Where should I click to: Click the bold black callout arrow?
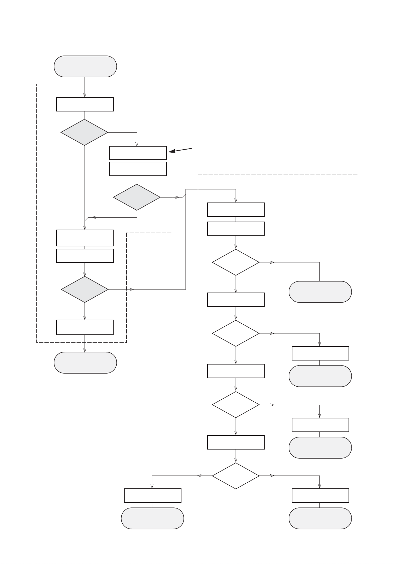click(180, 150)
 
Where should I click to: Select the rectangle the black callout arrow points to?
click(138, 153)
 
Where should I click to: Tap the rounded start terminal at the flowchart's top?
click(85, 66)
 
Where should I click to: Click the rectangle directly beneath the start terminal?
click(85, 104)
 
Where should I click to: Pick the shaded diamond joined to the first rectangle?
click(84, 133)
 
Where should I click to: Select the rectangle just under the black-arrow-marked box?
click(138, 169)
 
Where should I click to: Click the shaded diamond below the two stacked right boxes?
click(137, 197)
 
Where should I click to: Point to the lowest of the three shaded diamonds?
click(85, 289)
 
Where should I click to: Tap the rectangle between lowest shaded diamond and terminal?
click(85, 327)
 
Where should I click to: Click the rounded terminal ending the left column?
click(85, 362)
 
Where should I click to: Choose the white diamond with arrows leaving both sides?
click(236, 476)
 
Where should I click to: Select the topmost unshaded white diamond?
click(236, 262)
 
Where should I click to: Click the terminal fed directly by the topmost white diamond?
click(320, 292)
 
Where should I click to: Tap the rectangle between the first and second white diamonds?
click(236, 300)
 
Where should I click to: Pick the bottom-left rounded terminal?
click(152, 518)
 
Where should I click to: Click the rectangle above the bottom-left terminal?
click(152, 495)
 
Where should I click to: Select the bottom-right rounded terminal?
click(320, 518)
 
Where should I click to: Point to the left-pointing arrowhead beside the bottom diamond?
click(199, 476)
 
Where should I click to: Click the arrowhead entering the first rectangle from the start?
click(85, 95)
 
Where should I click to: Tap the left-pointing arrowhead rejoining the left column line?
click(94, 217)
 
